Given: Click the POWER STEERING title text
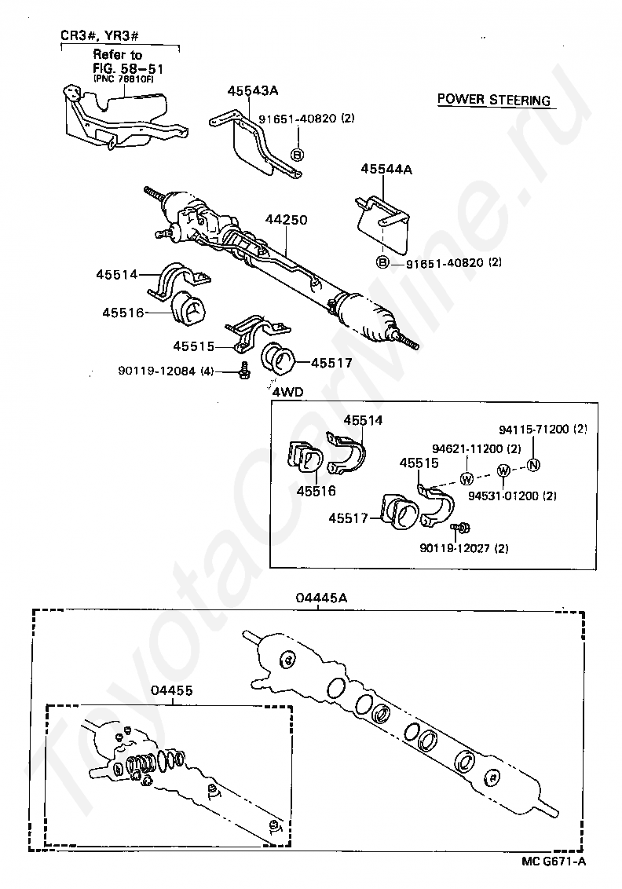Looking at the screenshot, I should (x=494, y=100).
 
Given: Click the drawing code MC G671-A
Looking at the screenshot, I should (x=554, y=860).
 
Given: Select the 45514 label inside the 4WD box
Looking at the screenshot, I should (x=363, y=420).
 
